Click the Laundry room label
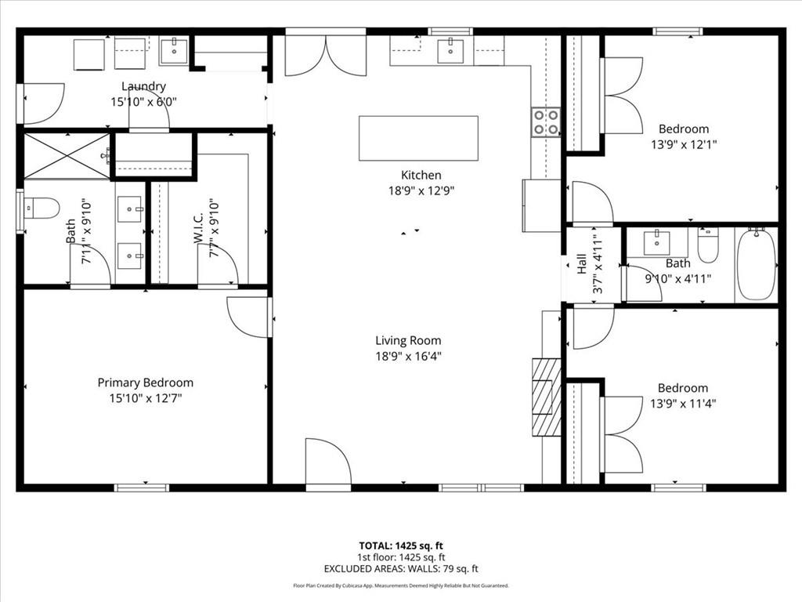pos(143,86)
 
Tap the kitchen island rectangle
pos(418,138)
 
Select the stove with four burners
pos(546,121)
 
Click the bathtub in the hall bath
pos(756,264)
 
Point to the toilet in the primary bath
pos(41,208)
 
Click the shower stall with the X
pos(66,155)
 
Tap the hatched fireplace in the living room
pos(547,397)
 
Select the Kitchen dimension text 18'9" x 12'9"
pos(421,190)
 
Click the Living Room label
pos(408,340)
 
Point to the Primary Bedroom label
pos(145,383)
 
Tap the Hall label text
pos(582,265)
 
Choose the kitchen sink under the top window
pos(450,51)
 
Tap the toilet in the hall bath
pos(708,245)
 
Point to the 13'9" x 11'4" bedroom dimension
pos(683,404)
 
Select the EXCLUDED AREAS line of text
pos(401,569)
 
